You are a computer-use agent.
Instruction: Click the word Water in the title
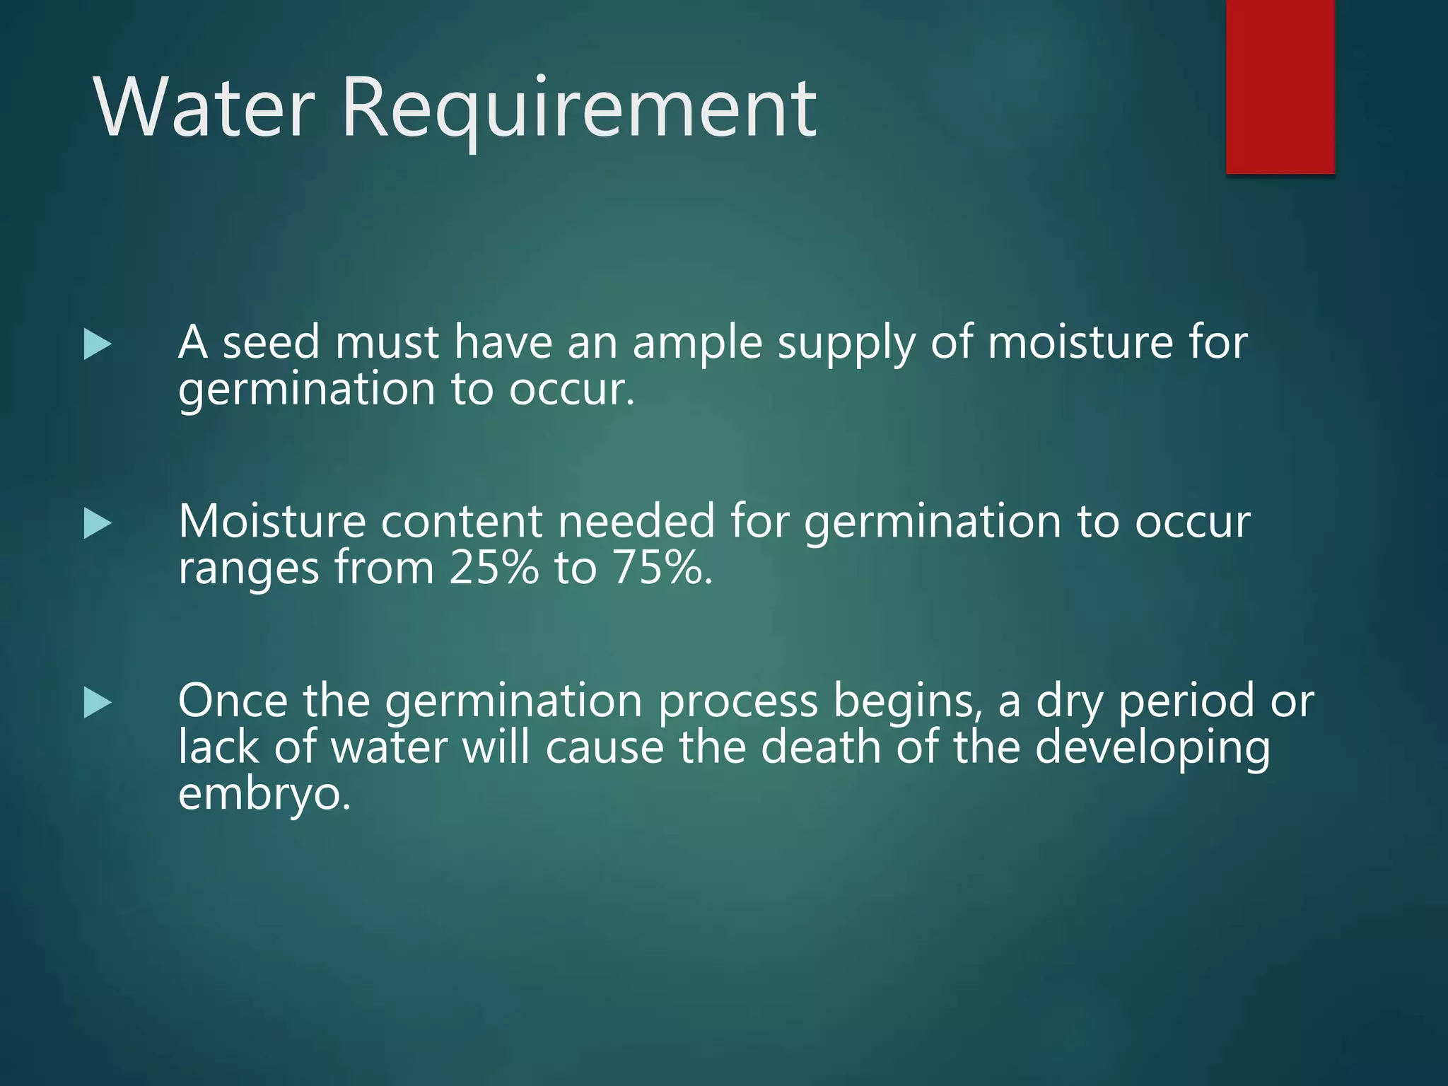204,108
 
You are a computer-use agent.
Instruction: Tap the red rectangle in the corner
1280,86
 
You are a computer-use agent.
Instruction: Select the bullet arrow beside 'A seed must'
98,344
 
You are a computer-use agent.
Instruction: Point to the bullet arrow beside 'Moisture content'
98,524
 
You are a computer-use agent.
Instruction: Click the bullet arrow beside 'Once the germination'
98,703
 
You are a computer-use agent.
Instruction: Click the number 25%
493,567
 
